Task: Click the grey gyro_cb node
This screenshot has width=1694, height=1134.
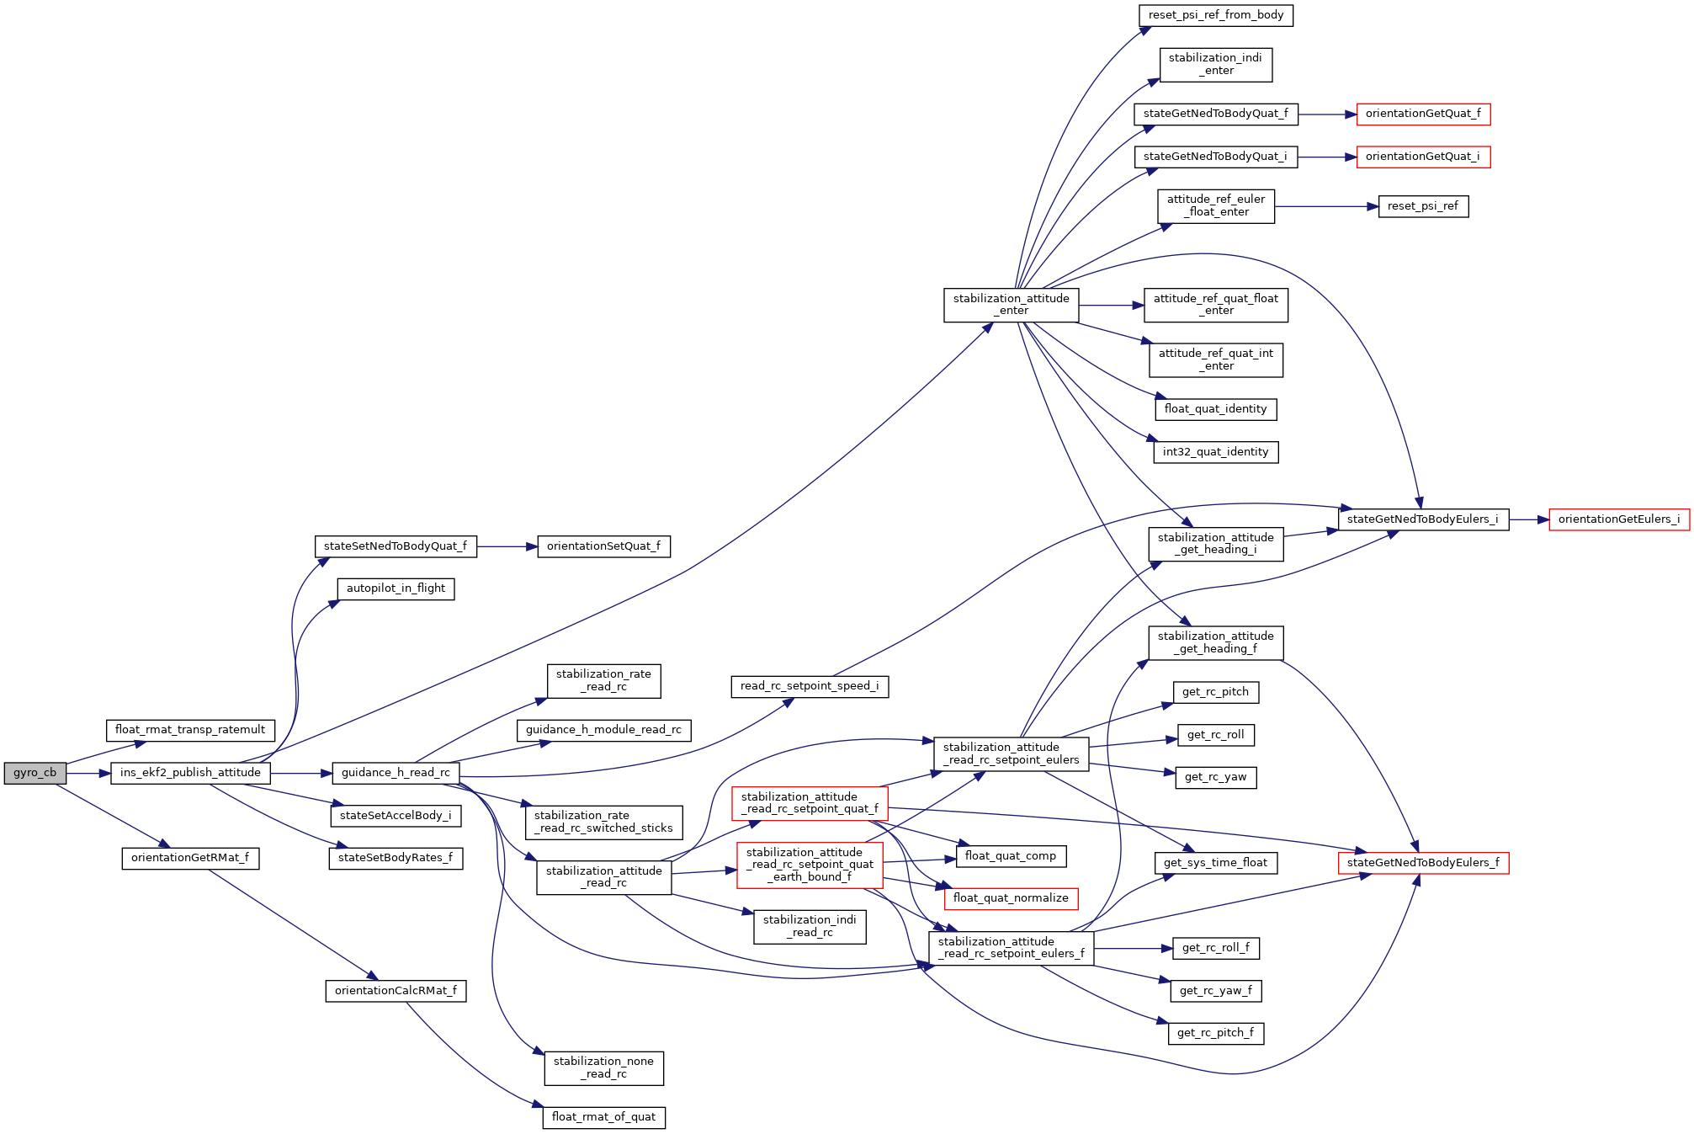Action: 35,773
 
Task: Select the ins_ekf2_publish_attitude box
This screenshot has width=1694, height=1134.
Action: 190,773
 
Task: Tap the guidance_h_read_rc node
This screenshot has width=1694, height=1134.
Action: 396,773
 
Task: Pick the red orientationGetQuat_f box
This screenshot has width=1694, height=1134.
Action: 1423,114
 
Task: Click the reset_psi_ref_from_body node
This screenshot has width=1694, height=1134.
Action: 1216,15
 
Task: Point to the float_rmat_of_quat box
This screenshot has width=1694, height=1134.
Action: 603,1117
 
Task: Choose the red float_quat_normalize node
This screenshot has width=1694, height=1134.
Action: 1011,898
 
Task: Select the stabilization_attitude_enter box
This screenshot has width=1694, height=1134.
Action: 1011,305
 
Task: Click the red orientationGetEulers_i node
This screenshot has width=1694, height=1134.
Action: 1619,519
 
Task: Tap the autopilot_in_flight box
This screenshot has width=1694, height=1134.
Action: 396,588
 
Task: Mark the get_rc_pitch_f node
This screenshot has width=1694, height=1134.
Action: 1216,1033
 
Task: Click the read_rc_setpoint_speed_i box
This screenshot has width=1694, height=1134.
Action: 810,686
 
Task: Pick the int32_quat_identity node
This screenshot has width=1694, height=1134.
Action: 1216,452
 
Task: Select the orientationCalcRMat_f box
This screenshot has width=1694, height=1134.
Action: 396,991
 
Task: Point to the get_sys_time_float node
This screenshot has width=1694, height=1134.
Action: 1216,863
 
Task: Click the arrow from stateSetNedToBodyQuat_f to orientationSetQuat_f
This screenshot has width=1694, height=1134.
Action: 507,546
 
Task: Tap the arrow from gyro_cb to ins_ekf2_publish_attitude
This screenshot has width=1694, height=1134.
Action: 88,773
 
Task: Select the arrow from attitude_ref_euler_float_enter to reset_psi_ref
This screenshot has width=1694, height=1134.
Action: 1326,206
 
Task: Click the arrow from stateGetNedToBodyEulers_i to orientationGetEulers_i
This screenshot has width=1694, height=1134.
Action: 1529,519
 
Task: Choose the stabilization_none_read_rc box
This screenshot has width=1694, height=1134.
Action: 603,1067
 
